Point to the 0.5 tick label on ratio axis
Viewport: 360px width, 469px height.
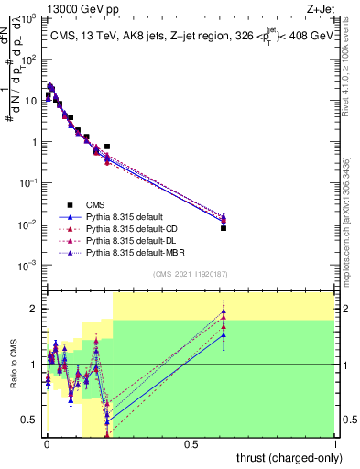[x=30, y=420]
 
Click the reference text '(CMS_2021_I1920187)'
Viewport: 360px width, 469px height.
[x=190, y=276]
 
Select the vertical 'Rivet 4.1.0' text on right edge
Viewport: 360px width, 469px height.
[x=346, y=64]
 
